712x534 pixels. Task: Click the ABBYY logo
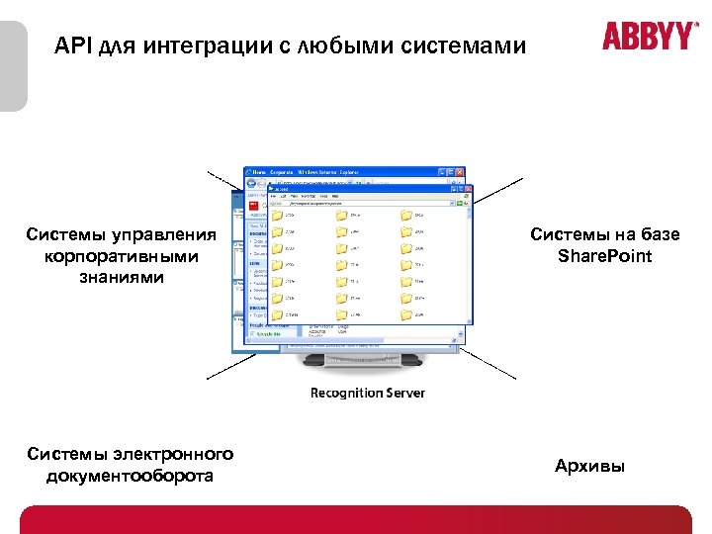tap(648, 37)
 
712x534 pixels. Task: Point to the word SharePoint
tap(604, 256)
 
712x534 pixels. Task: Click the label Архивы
tap(590, 466)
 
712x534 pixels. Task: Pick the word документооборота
tap(131, 476)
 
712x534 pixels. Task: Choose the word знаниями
tap(122, 278)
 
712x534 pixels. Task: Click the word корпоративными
tap(122, 256)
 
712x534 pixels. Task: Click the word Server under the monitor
tap(405, 394)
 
